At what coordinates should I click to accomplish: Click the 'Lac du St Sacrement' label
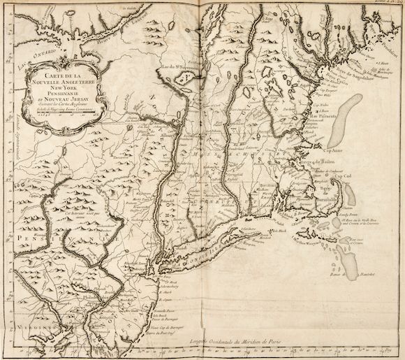pyautogui.click(x=185, y=69)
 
